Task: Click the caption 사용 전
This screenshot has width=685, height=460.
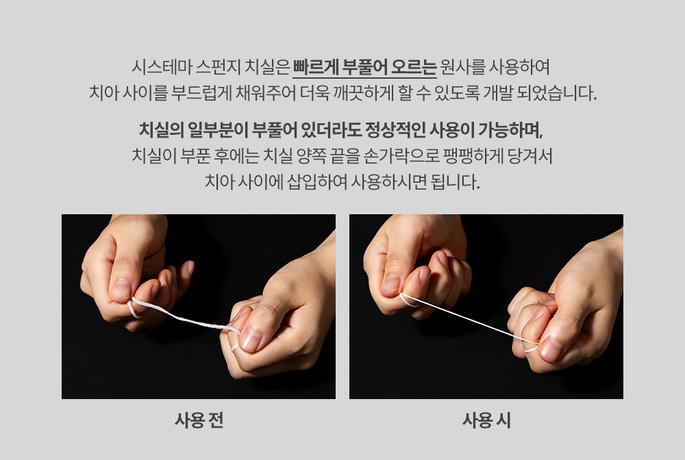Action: [x=199, y=420]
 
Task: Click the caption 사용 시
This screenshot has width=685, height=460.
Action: [x=486, y=420]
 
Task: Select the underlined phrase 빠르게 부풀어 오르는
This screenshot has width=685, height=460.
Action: [x=364, y=67]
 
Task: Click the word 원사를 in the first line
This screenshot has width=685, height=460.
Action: [x=462, y=67]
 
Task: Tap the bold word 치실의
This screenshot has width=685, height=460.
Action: [x=160, y=130]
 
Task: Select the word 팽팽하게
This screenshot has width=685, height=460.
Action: [x=473, y=156]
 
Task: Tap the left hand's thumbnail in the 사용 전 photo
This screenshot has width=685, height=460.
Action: [x=121, y=290]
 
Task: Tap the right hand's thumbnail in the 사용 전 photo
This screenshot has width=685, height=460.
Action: [x=251, y=340]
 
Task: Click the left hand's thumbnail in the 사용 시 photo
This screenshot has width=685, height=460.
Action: [x=390, y=285]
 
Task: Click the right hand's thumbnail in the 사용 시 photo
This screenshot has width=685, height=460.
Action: [x=550, y=348]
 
